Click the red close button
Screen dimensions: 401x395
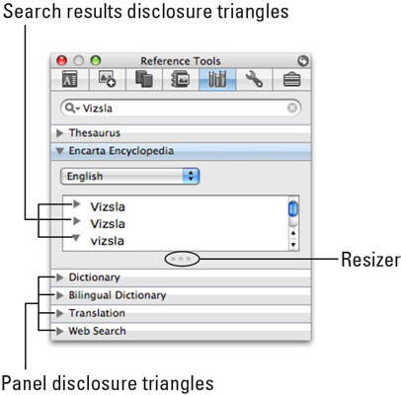click(x=61, y=60)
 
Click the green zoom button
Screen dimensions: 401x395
click(x=96, y=60)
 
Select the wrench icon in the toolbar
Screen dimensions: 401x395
click(x=254, y=79)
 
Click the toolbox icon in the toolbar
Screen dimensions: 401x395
click(x=291, y=80)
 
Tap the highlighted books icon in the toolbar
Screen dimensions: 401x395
click(x=217, y=79)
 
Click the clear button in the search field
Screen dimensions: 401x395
click(x=292, y=108)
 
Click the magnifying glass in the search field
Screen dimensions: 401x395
click(x=69, y=108)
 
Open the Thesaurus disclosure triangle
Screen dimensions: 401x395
click(x=59, y=133)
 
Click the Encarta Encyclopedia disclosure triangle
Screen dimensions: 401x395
click(x=59, y=151)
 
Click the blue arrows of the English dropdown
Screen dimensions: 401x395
click(x=191, y=176)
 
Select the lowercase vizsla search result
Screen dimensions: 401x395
click(x=108, y=241)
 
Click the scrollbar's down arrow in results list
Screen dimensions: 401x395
click(x=293, y=245)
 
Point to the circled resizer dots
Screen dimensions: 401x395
click(x=182, y=259)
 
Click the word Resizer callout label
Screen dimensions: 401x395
click(x=370, y=260)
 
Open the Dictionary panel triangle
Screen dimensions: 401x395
click(x=59, y=277)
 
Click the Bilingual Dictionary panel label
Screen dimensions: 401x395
click(x=118, y=295)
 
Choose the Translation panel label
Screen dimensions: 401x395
click(x=97, y=313)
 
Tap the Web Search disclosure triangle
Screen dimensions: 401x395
click(x=59, y=331)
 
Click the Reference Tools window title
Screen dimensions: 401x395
click(x=181, y=61)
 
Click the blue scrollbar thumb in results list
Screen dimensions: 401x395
click(x=292, y=209)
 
